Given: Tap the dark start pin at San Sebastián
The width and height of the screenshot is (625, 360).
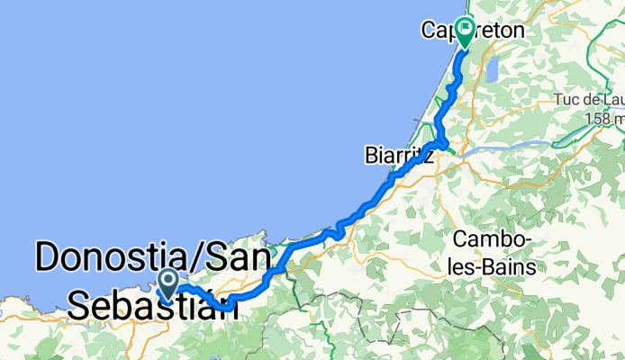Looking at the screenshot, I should [x=168, y=284].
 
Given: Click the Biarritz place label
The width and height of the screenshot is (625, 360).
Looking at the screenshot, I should [x=398, y=155].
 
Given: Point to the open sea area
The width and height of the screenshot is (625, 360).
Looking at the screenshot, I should [x=180, y=108].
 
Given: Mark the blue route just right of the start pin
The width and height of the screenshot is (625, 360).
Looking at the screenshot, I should [x=189, y=289].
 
